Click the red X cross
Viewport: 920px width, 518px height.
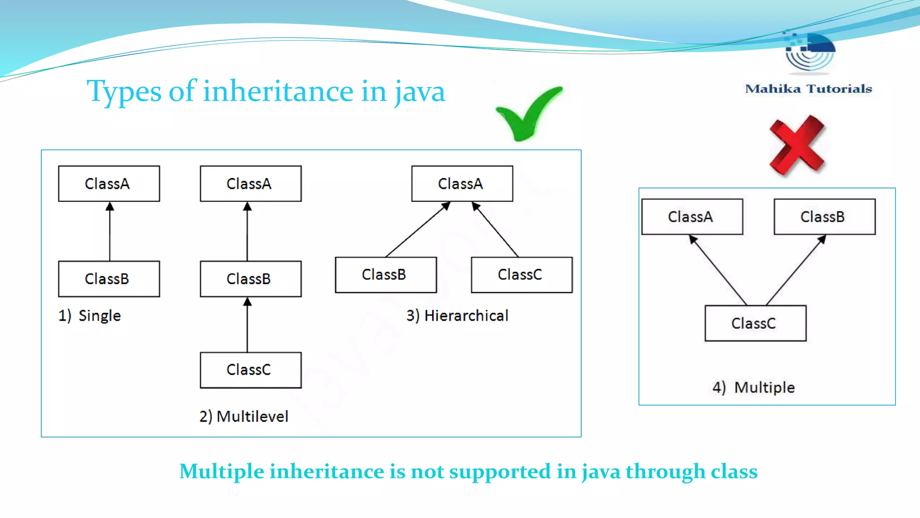797,145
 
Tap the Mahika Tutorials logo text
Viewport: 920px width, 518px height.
808,89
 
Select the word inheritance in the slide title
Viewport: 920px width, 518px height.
278,91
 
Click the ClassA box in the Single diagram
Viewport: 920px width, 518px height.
109,183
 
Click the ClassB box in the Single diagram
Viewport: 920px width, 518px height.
109,279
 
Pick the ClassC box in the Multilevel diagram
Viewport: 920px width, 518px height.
251,370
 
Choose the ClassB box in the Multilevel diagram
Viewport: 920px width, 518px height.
251,279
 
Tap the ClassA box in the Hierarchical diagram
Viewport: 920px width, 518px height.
462,183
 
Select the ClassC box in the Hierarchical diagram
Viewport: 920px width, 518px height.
522,275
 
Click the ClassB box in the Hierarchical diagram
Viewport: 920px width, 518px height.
385,275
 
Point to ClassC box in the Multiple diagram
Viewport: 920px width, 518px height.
755,323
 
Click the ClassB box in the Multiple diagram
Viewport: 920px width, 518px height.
824,217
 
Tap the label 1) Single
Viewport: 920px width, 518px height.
90,316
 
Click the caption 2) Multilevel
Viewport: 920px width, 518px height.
244,416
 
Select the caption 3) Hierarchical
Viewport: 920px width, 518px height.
457,316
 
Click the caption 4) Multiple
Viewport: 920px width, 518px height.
753,387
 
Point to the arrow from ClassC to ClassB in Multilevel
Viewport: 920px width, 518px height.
247,325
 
